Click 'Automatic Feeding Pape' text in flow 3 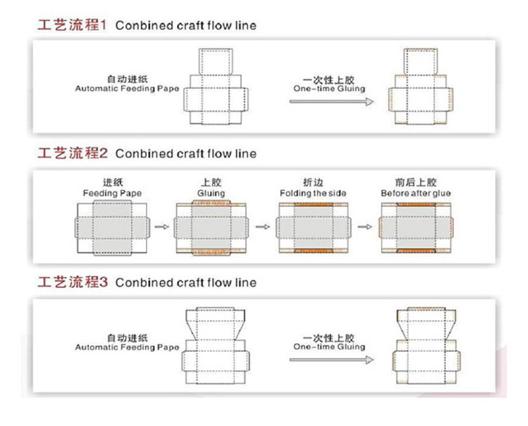(x=127, y=346)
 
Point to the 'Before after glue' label (x=414, y=193)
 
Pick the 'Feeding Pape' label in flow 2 (x=112, y=193)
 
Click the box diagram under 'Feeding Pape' (x=112, y=228)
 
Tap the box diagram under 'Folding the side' (x=313, y=228)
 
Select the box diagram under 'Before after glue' (x=414, y=228)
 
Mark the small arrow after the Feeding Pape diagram (x=160, y=228)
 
